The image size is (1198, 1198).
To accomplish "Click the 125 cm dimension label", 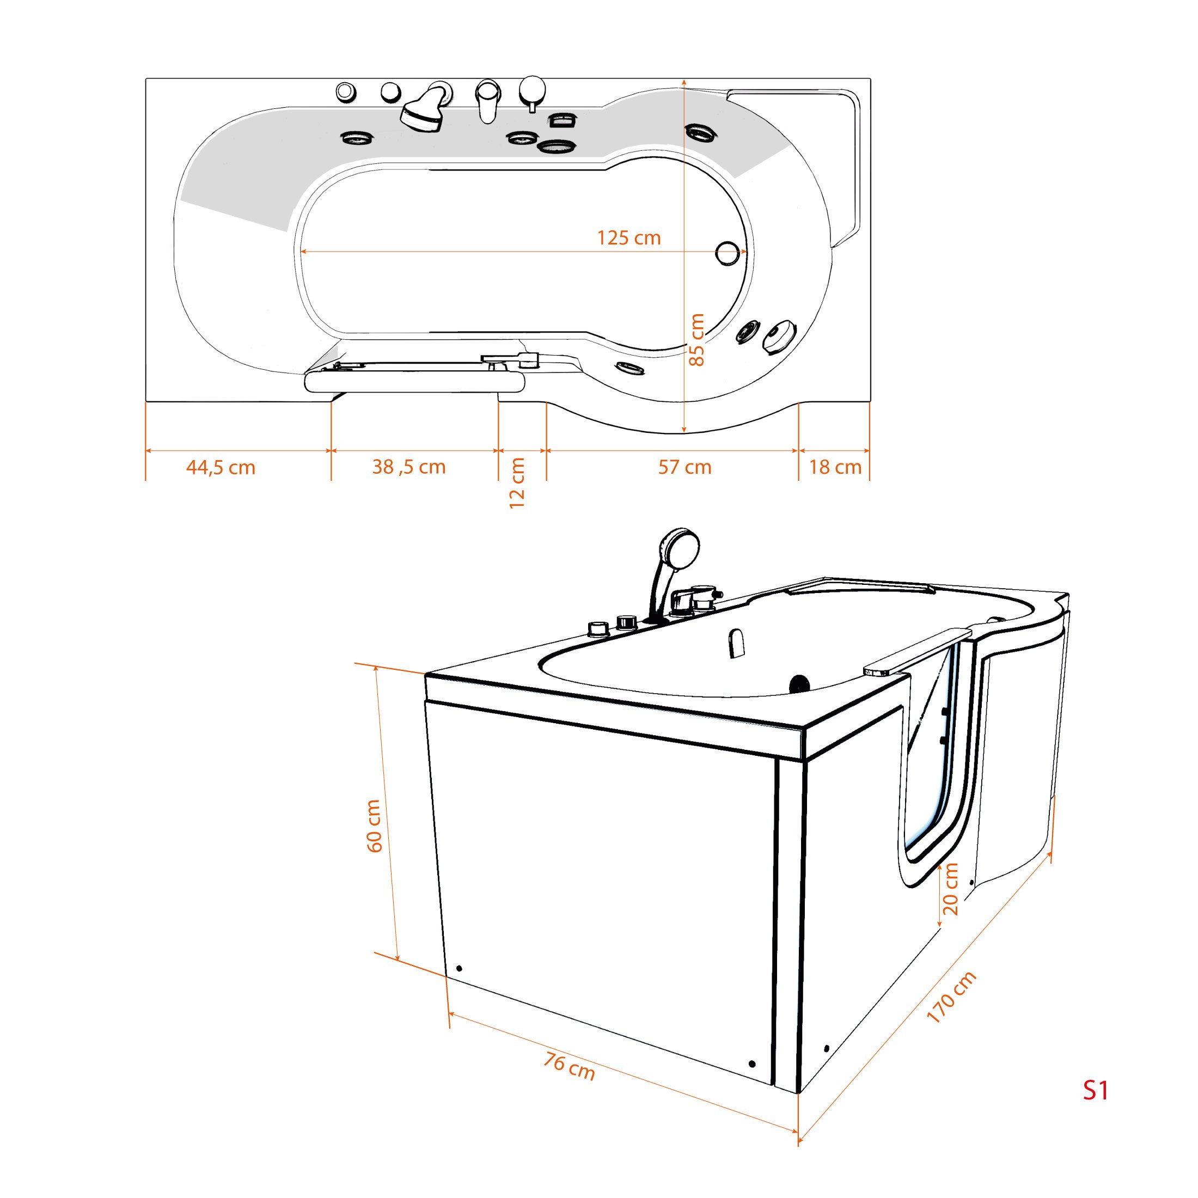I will coord(629,237).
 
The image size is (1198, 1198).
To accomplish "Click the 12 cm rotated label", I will coord(517,483).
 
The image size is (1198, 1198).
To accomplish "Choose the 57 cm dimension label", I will coord(684,467).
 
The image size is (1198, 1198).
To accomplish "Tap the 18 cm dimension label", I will coord(835,467).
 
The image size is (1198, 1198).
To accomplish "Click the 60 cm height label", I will coord(374,826).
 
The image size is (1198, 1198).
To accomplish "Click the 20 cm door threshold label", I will coord(950,889).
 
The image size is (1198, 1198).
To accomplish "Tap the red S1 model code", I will coord(1095,1108).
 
